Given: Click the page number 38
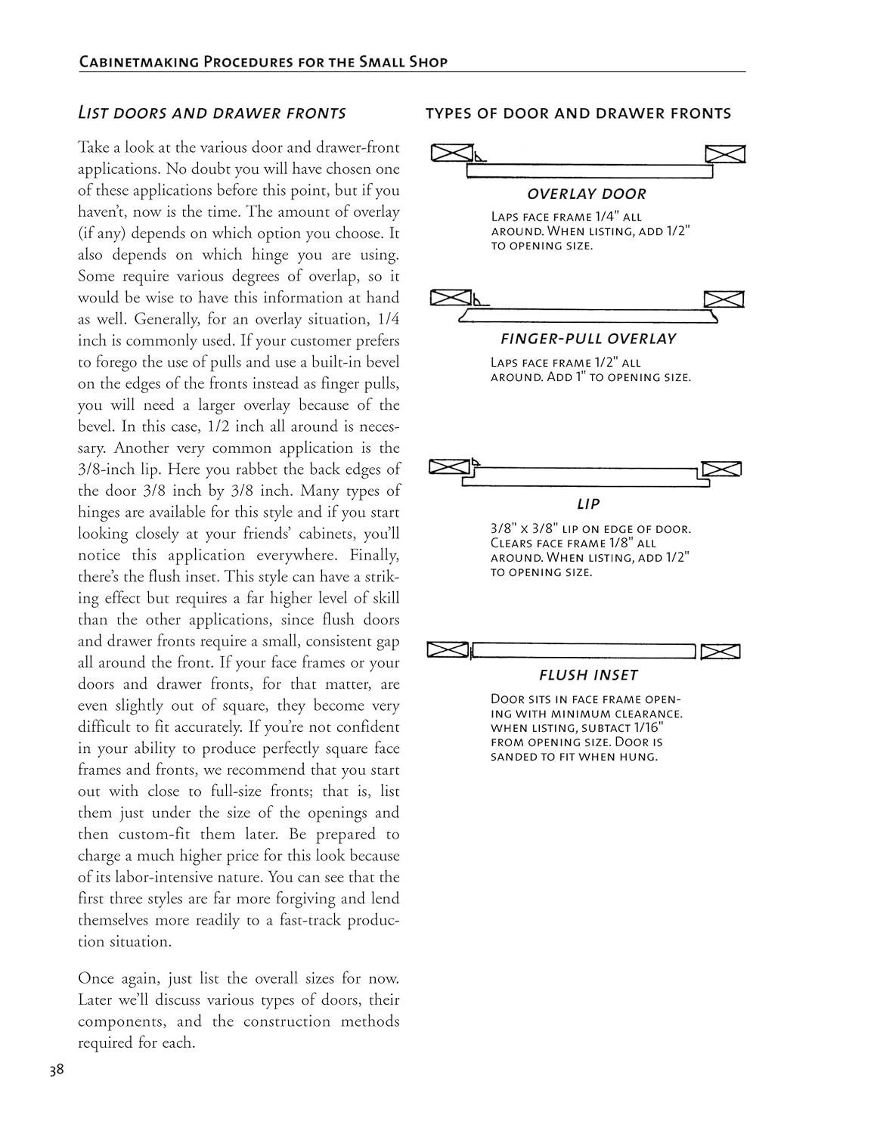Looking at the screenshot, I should [56, 1070].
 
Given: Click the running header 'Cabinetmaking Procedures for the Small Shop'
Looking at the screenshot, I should [263, 62].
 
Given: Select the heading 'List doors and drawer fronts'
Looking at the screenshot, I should [212, 113].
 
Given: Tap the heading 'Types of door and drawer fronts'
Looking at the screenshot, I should [578, 113].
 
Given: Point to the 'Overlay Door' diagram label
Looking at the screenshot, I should [587, 194].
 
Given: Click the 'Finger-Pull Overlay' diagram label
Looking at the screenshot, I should [588, 339].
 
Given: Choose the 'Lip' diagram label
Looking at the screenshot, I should [588, 503].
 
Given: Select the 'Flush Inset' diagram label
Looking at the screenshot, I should [588, 675].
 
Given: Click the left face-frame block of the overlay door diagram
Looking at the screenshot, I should [451, 153].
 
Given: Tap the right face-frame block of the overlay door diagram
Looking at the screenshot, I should [725, 155].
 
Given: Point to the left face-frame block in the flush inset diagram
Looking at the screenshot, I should [448, 649].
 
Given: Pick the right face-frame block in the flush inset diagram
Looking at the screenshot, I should [720, 651].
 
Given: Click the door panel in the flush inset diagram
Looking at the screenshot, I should [583, 651].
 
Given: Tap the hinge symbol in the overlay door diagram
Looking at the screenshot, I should [479, 158].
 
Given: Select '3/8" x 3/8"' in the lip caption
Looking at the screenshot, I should [524, 529].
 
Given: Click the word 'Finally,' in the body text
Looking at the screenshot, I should [374, 556].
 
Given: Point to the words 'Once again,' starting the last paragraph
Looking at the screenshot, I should [118, 978].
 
